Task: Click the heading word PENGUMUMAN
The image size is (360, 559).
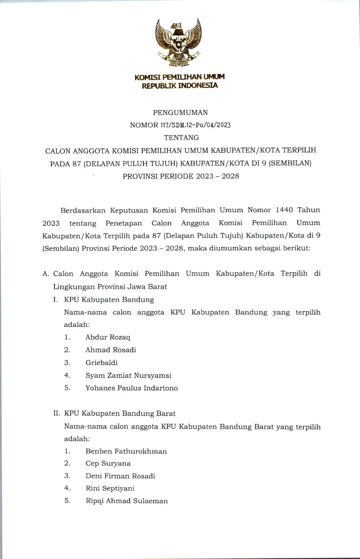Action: [180, 113]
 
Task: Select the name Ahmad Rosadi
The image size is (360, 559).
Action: [111, 350]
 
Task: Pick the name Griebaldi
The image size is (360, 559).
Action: [102, 362]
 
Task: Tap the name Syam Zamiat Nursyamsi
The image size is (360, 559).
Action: [128, 375]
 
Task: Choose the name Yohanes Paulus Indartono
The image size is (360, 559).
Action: [132, 388]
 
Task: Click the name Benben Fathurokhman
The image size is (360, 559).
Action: [126, 451]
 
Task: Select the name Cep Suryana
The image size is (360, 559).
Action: [108, 464]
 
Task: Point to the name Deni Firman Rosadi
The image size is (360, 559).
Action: [120, 476]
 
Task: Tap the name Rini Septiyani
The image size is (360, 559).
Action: [110, 489]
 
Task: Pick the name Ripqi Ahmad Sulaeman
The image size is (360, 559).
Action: [127, 501]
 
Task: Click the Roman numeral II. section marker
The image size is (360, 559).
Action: [56, 413]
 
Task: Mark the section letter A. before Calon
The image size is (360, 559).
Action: [45, 274]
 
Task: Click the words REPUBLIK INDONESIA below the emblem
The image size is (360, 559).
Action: [180, 85]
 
